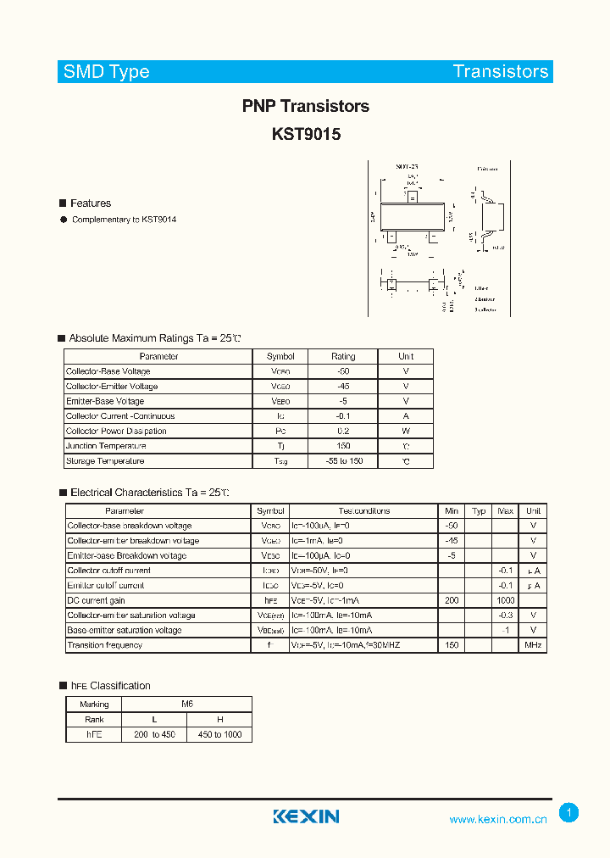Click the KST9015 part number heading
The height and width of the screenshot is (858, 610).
click(x=306, y=134)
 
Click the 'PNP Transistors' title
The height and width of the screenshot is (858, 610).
click(x=305, y=106)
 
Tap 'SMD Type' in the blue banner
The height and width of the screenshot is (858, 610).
click(x=107, y=71)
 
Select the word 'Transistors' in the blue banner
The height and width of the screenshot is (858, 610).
click(x=500, y=71)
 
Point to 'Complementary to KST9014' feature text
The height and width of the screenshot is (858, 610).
click(x=124, y=220)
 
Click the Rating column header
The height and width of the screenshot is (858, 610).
click(x=343, y=356)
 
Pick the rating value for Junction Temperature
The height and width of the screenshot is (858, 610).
click(x=343, y=446)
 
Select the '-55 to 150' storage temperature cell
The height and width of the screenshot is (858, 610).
click(x=343, y=461)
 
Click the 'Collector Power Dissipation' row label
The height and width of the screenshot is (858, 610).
click(x=116, y=431)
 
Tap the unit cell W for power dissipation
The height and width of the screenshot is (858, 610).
click(x=406, y=431)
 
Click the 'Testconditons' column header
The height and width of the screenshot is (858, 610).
click(x=364, y=511)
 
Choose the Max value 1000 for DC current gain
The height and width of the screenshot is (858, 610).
click(x=506, y=600)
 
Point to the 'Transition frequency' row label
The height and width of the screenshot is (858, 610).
click(x=105, y=645)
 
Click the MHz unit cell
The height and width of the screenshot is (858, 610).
click(x=533, y=645)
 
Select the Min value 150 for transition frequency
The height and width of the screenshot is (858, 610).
click(x=452, y=645)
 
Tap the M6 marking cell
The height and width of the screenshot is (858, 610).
click(x=187, y=704)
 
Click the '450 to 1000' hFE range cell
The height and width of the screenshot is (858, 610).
click(x=219, y=734)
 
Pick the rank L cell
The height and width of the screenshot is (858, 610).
click(x=154, y=719)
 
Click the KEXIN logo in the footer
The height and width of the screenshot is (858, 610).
click(x=306, y=816)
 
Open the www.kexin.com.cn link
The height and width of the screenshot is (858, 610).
click(x=498, y=819)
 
